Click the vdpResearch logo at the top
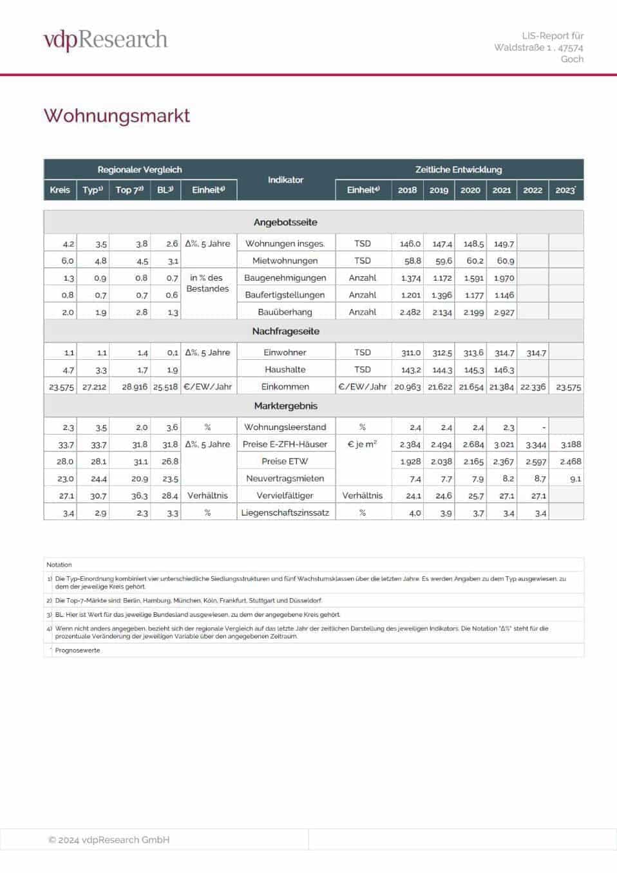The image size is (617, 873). tap(106, 39)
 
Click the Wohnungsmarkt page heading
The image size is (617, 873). tap(117, 116)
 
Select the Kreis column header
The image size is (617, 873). tap(60, 190)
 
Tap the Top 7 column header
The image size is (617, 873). tap(129, 190)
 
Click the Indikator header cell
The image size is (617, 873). tap(285, 180)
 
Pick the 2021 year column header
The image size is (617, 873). tap(502, 190)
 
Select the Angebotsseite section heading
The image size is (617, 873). tap(285, 222)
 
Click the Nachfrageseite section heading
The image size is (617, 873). tap(285, 331)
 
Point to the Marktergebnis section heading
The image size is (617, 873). tap(285, 406)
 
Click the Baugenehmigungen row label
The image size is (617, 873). tap(285, 278)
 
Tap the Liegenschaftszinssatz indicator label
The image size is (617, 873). tap(285, 512)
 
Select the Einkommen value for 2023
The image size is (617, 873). tap(568, 387)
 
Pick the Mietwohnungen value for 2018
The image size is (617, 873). tap(411, 261)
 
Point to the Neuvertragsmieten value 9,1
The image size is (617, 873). tap(575, 479)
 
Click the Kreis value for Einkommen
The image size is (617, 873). tap(61, 387)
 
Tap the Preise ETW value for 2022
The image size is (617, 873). tap(535, 462)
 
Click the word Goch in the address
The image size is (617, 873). tap(572, 59)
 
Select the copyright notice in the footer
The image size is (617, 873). tap(109, 840)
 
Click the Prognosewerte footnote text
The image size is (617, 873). tap(77, 650)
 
